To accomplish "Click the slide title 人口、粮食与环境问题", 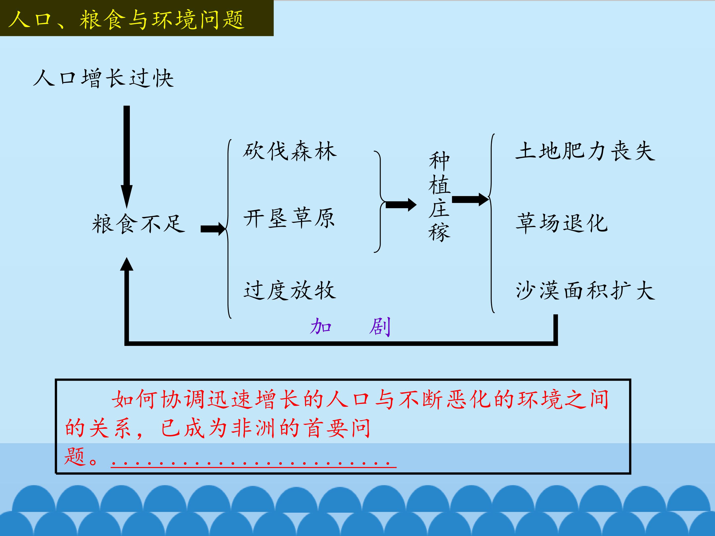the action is point(126,19).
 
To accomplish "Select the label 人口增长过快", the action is point(104,78).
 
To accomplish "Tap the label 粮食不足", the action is point(138,224).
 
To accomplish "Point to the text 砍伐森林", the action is point(290,151).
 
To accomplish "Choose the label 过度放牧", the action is point(290,290).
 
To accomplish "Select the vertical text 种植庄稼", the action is point(439,197).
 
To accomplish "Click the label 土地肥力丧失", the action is point(585,151).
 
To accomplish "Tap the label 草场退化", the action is point(562,223).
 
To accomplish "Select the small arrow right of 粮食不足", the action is point(213,229).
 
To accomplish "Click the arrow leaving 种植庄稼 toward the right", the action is point(470,199).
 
